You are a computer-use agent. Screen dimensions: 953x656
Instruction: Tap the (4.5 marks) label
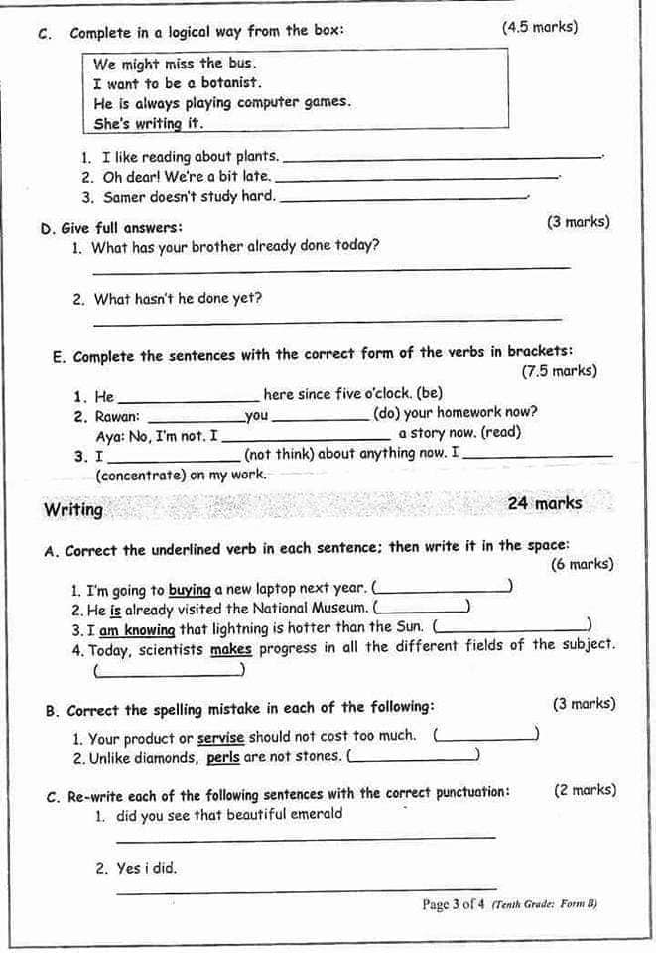[x=540, y=28]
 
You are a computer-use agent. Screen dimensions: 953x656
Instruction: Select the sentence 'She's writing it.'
[x=149, y=123]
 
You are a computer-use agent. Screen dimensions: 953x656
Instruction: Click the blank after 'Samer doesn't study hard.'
[x=406, y=197]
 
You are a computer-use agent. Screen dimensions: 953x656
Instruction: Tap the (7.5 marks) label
[x=559, y=371]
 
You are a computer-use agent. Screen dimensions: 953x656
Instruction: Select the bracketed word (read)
[x=500, y=433]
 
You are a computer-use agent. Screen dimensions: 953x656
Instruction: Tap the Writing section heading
[x=73, y=510]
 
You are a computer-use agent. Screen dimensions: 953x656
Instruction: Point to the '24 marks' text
[x=545, y=503]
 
